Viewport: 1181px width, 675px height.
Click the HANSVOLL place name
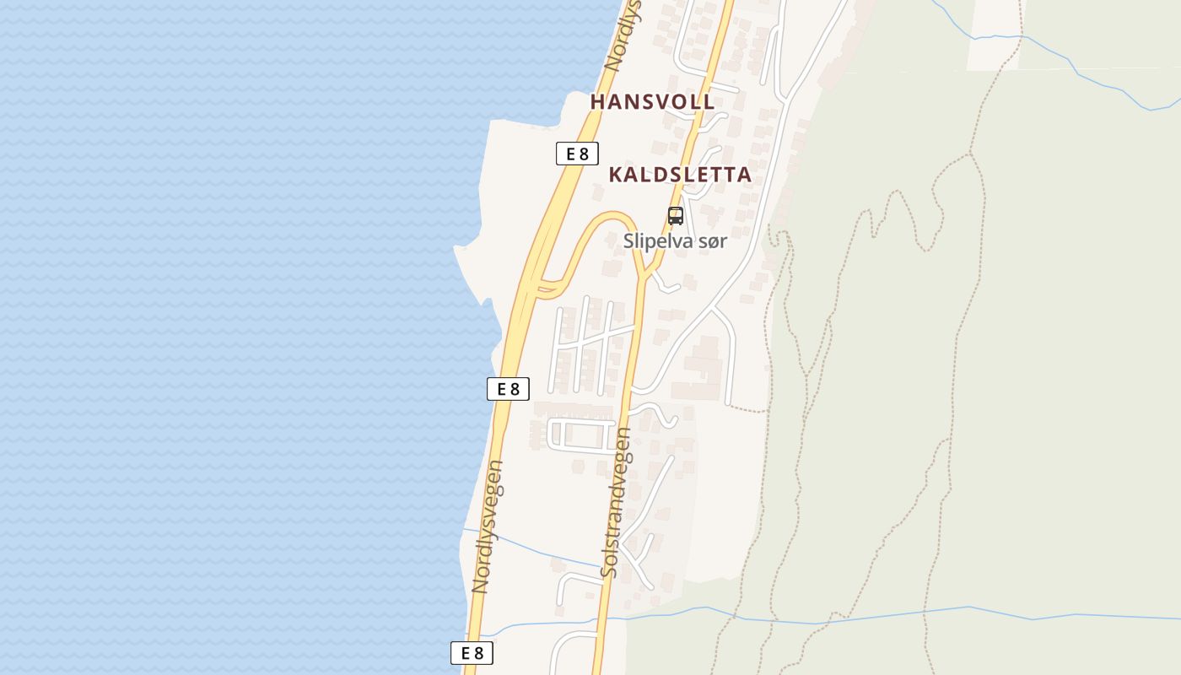[x=652, y=102]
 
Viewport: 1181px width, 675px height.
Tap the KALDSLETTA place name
[x=679, y=175]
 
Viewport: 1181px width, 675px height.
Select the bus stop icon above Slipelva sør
[x=675, y=216]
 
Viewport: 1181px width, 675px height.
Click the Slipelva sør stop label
[x=675, y=241]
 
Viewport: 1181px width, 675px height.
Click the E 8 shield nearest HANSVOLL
[x=577, y=154]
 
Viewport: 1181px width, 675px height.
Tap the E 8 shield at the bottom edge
[x=472, y=652]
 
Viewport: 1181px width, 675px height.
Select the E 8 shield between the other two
[x=508, y=389]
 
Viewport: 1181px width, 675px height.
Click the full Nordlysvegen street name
[x=488, y=526]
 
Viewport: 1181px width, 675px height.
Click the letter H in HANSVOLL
[x=598, y=102]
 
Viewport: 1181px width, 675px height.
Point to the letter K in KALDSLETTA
[x=617, y=175]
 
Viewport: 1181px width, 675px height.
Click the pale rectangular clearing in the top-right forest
[x=992, y=34]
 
